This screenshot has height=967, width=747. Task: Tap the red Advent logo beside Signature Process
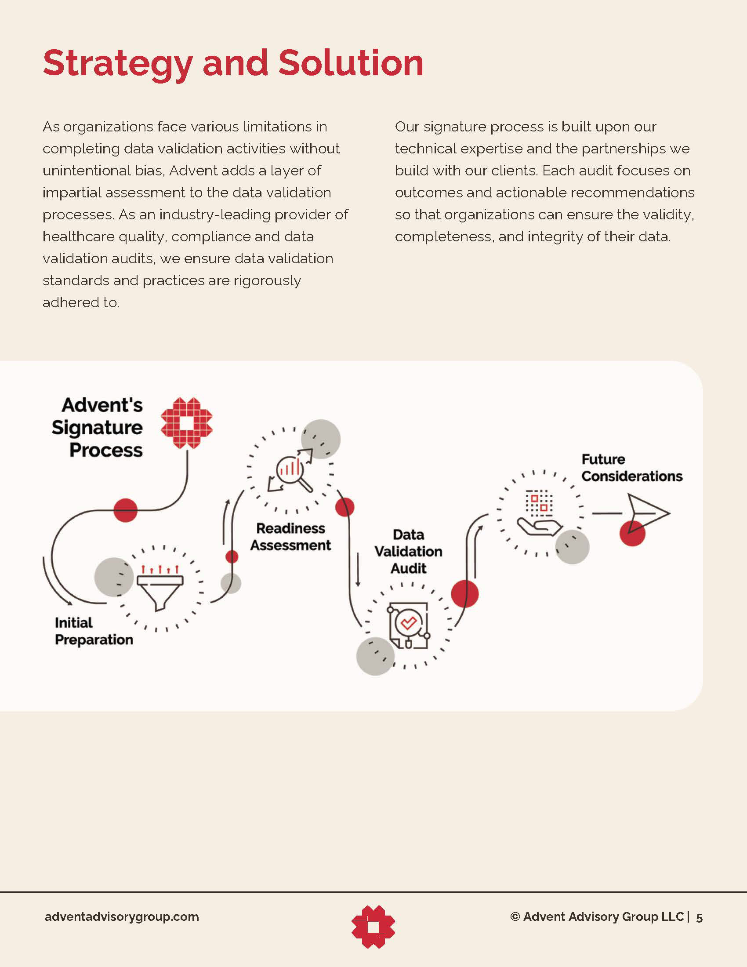click(x=186, y=423)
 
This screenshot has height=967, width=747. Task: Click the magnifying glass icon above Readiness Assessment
click(x=292, y=472)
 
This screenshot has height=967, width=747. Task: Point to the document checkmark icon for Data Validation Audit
click(x=409, y=625)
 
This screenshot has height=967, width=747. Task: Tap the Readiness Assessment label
click(x=291, y=537)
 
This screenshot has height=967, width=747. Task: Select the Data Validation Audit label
click(x=409, y=551)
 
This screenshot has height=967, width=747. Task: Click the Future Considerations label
click(x=631, y=468)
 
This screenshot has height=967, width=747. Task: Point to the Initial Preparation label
click(x=94, y=631)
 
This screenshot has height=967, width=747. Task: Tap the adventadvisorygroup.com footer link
click(x=122, y=916)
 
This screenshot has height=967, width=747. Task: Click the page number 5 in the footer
click(x=699, y=917)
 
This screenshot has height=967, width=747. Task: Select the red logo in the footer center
click(x=373, y=927)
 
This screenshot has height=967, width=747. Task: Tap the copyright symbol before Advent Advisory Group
click(x=515, y=916)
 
